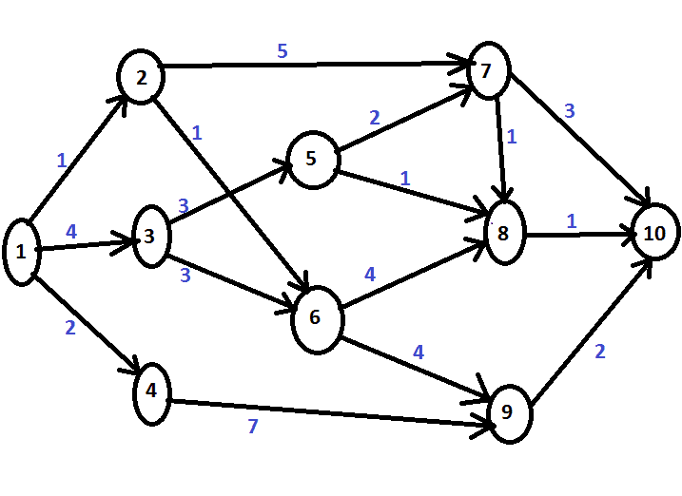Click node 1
coord(21,252)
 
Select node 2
coord(142,76)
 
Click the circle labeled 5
coord(312,158)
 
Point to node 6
coord(316,317)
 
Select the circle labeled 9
coord(507,411)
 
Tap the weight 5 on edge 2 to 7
coord(283,51)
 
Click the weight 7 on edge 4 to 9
coord(253,427)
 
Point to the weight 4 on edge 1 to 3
coord(70,231)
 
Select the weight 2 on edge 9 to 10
coord(599,352)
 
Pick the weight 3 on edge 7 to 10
coord(570,111)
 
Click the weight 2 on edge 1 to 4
coord(69,329)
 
